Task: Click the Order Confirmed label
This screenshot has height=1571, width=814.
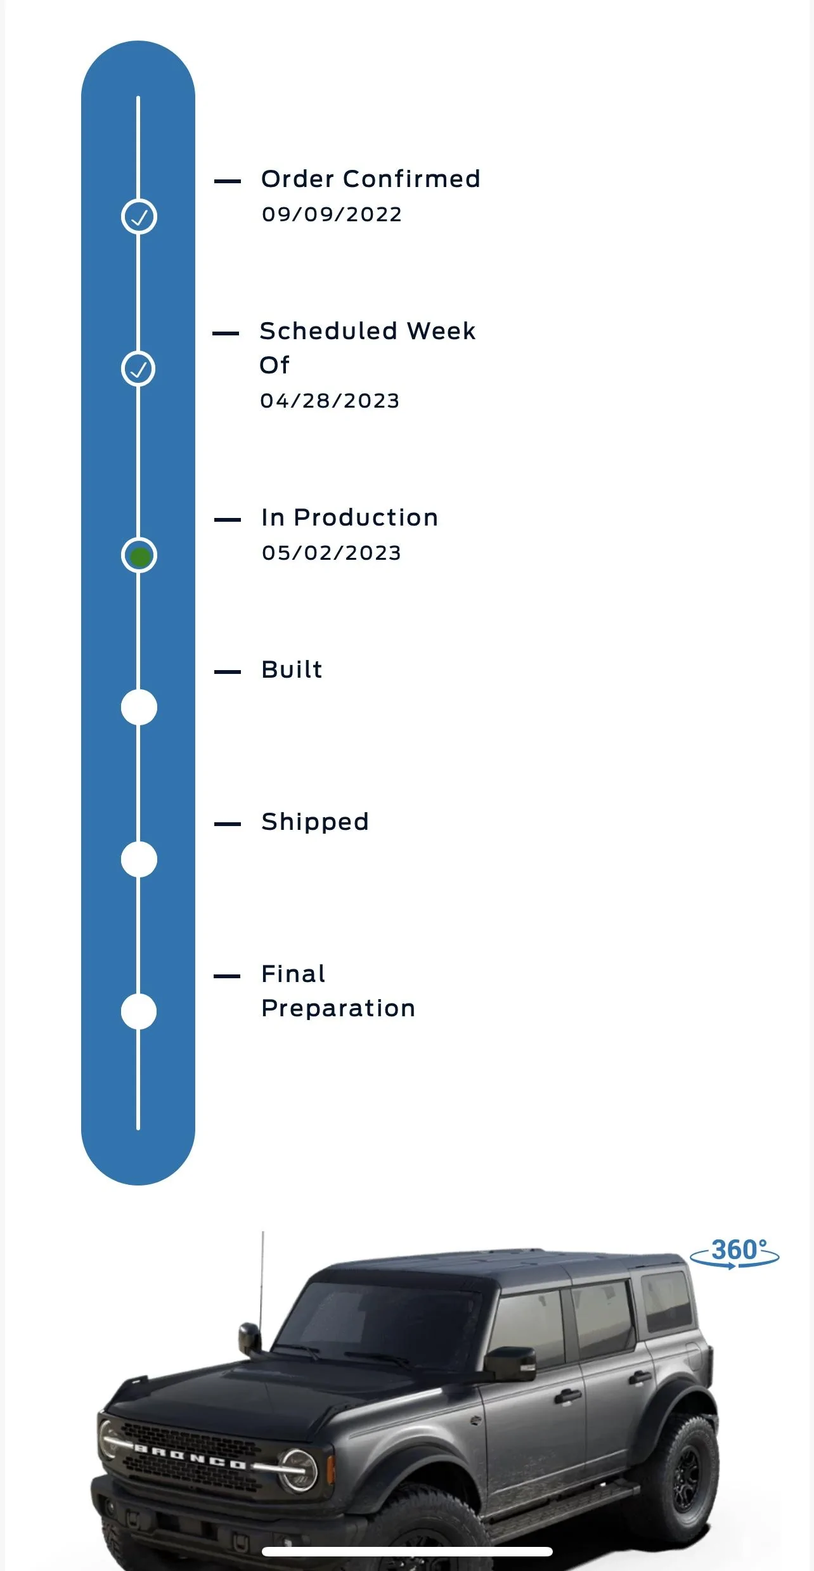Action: pos(371,179)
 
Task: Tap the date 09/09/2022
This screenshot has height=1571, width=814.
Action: pos(332,214)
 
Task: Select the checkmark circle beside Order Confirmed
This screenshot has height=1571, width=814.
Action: pos(139,217)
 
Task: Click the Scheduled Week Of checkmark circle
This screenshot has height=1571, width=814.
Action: pos(138,369)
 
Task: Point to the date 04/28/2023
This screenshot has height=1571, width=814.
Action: pos(330,401)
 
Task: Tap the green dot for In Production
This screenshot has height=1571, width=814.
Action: pos(139,556)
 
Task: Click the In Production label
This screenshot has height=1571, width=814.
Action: pos(350,518)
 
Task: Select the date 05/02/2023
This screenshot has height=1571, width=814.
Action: pos(332,553)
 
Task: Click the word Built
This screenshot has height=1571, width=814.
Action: pos(292,670)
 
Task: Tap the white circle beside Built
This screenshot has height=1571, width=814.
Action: pos(139,708)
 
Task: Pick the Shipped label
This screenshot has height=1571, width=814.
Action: pos(315,823)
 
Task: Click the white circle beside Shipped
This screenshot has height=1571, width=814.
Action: pos(139,860)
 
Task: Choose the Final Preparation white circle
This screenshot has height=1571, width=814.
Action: pos(139,1012)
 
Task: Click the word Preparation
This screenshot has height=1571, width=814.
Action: pos(339,1009)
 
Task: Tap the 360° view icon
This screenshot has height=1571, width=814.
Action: pos(735,1253)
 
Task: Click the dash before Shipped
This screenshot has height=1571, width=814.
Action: pos(228,824)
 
